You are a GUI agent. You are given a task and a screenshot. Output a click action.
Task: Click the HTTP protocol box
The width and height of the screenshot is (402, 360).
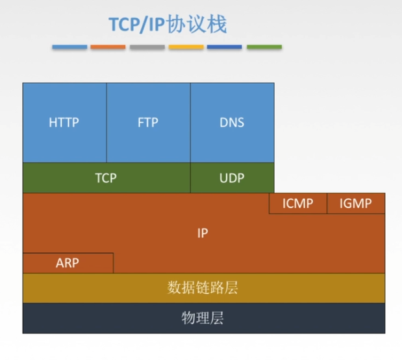point(64,122)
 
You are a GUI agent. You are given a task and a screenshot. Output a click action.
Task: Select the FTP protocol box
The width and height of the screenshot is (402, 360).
point(148,122)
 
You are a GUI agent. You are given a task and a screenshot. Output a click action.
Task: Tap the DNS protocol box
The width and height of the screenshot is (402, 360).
point(232,122)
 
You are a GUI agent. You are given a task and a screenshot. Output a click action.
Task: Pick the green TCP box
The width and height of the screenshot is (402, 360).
point(106,177)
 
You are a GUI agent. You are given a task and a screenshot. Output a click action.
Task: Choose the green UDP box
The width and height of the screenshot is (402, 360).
point(232,177)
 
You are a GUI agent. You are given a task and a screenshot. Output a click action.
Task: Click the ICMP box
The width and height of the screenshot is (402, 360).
point(297,204)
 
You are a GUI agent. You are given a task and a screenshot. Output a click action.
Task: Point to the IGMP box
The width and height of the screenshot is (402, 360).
point(355,204)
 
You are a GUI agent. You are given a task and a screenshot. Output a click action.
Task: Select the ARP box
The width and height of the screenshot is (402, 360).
point(68,263)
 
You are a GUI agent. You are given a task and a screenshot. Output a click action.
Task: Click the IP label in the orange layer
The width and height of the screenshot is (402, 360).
point(203,233)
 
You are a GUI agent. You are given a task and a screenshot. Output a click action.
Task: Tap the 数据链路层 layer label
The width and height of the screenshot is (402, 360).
point(203,287)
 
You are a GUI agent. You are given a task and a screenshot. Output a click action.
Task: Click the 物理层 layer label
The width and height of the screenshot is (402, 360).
point(203,318)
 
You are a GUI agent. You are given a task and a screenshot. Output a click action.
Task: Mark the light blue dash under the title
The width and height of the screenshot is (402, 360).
point(69,47)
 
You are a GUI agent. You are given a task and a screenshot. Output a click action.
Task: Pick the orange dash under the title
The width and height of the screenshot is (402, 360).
point(108,47)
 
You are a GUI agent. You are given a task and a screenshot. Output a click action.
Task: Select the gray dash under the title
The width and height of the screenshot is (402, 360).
point(147,47)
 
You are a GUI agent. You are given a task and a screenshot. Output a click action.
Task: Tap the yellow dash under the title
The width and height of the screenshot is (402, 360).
point(186,47)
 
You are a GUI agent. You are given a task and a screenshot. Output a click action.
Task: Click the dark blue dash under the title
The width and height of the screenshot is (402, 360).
point(225,47)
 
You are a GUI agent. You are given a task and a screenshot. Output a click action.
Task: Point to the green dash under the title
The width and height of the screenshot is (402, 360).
point(264,47)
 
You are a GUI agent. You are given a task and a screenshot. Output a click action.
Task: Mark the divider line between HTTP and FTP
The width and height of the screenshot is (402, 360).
point(107,122)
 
